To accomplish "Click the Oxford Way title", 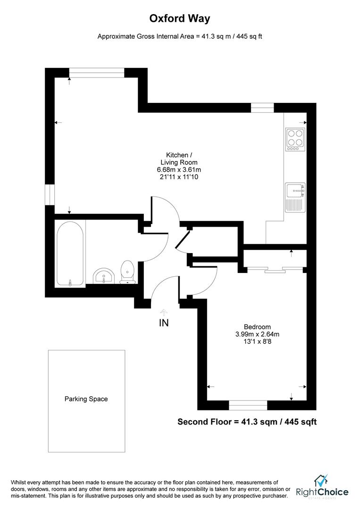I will (180, 18).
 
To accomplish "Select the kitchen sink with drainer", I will (295, 197).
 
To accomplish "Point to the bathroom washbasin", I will (104, 276).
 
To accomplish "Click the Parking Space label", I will (86, 399).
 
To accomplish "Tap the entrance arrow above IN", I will (164, 312).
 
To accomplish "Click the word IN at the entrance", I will (164, 323).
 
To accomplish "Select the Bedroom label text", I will (257, 327).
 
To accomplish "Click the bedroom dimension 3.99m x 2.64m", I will (257, 334).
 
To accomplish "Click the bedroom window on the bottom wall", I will (248, 405).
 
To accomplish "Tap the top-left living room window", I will (97, 72).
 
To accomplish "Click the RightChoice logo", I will (322, 488).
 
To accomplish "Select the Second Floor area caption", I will (247, 422).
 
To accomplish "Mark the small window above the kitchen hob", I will (262, 108).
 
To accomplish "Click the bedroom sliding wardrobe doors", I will (273, 270).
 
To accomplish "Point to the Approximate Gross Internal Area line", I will (180, 36).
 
